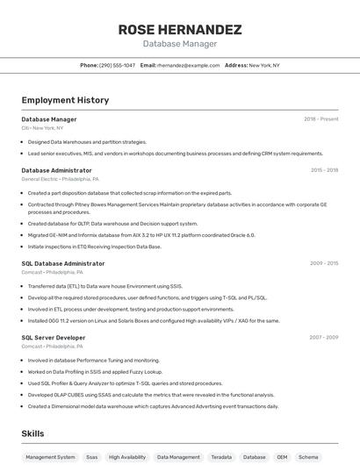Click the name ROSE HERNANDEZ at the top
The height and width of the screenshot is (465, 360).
(x=180, y=29)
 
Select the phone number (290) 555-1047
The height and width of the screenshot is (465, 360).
(x=117, y=65)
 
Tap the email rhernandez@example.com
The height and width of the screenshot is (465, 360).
(x=188, y=65)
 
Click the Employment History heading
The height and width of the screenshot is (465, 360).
(x=65, y=100)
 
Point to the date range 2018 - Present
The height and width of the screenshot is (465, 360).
(x=321, y=119)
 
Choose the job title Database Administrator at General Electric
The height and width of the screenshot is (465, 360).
(x=56, y=170)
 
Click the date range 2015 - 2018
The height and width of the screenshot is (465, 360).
(x=324, y=170)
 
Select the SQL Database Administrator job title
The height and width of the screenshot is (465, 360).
(x=62, y=263)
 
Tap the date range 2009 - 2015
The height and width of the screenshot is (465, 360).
(x=324, y=263)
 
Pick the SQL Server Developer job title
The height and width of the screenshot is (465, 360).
(x=54, y=338)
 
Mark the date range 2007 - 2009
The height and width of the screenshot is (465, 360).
(x=324, y=338)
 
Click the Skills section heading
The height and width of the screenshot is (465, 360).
(x=32, y=433)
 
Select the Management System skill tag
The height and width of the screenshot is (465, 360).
(x=50, y=457)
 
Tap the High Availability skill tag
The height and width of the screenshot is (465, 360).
(x=127, y=457)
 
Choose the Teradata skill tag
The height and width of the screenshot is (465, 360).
(x=221, y=457)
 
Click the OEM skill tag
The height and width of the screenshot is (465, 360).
(x=282, y=457)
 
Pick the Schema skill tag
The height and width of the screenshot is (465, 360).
(x=308, y=457)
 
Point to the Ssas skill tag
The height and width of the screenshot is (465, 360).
(x=92, y=457)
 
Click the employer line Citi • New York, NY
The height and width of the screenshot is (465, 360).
(x=42, y=128)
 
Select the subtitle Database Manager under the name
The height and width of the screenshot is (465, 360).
(x=180, y=44)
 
